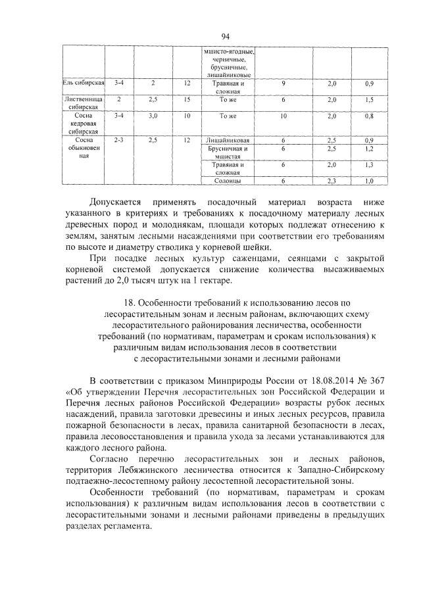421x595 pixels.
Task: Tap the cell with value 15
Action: [187, 99]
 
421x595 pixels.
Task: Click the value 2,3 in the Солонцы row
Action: [332, 180]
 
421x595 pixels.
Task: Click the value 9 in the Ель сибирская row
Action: [283, 83]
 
